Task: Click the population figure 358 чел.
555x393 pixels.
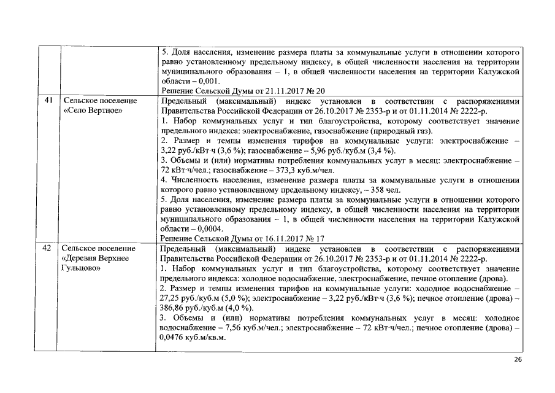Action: tap(386, 190)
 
